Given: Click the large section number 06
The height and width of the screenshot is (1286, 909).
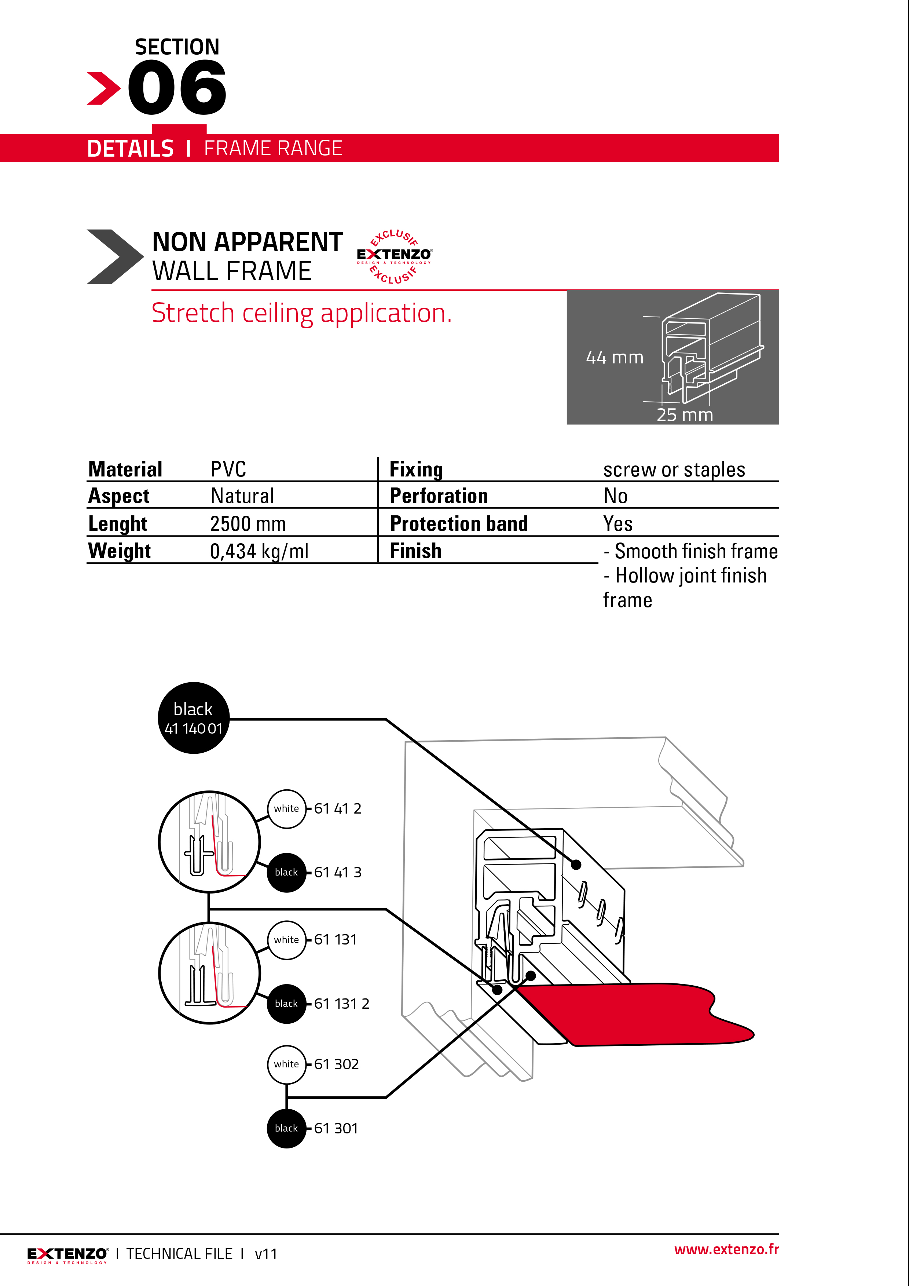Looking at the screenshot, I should tap(177, 88).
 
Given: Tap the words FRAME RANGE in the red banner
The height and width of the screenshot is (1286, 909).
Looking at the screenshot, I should tap(273, 149).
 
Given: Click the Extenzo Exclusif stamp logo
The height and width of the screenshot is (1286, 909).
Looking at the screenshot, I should tap(394, 256).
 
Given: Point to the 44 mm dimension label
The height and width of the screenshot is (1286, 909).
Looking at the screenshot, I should tap(615, 357).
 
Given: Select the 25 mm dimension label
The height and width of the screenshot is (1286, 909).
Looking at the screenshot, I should tap(685, 415).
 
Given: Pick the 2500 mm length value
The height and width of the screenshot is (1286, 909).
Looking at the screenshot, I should tap(248, 524).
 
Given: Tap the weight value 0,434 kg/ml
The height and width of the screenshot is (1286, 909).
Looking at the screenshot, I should tap(259, 551).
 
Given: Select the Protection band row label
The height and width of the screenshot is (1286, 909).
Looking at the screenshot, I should tap(459, 524).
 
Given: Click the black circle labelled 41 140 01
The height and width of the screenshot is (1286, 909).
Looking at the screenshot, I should tap(194, 718).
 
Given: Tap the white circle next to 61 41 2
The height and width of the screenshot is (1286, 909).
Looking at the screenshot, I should tap(287, 809).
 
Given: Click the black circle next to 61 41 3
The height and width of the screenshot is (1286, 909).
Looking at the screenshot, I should tap(286, 873).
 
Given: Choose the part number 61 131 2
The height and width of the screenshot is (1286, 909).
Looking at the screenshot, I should tap(342, 1004).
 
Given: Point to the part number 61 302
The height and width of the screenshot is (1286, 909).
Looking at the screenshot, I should tap(336, 1064).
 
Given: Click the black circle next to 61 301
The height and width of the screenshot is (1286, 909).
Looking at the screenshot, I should tap(286, 1129).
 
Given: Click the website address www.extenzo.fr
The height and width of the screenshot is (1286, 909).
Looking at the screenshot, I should tap(726, 1250).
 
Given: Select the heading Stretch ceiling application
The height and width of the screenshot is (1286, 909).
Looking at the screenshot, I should tap(301, 313).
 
